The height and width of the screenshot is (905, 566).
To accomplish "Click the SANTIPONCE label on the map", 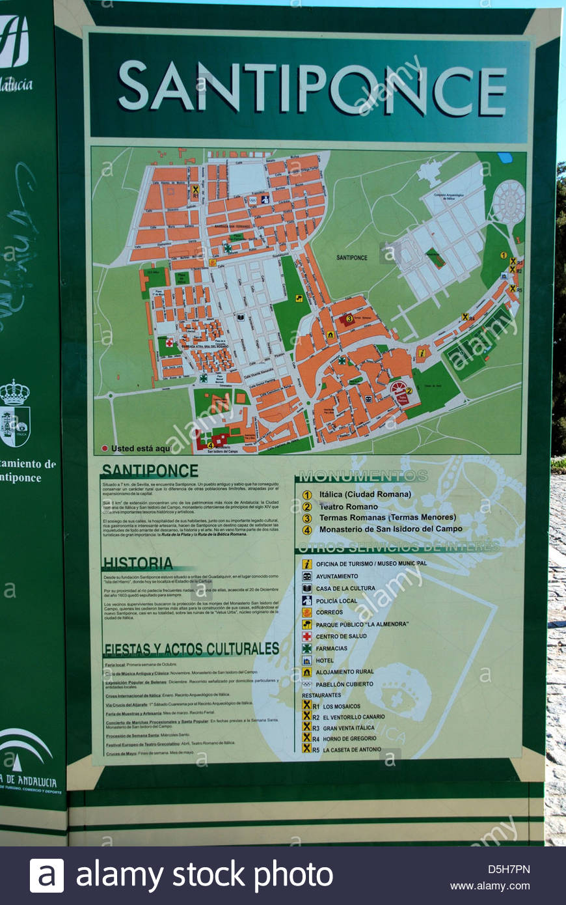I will [x=352, y=258].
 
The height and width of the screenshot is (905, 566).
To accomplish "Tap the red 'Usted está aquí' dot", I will [x=105, y=449].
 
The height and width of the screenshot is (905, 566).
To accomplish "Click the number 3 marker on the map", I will [x=349, y=319].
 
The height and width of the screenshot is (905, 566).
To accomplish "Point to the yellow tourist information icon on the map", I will [x=422, y=353].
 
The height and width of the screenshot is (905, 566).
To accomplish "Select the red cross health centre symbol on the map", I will [x=170, y=342].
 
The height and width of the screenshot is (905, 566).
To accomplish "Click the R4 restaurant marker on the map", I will [x=466, y=316].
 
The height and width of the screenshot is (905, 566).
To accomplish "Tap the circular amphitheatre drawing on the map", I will [x=509, y=202].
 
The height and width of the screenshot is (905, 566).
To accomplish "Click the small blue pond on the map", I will [x=504, y=158].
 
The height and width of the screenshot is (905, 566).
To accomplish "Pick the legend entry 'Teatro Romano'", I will [x=348, y=507].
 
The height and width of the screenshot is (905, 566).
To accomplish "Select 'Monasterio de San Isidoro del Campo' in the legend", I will [x=390, y=529].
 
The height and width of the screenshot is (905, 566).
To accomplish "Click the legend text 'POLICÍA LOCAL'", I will [x=336, y=601].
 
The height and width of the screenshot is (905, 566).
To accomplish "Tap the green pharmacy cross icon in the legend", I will [x=306, y=648].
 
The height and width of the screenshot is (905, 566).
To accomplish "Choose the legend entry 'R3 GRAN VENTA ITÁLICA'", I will [x=343, y=728].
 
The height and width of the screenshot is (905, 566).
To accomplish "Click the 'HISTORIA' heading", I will [x=138, y=563].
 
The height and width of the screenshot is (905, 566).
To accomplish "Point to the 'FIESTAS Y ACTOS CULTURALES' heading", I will [x=191, y=649].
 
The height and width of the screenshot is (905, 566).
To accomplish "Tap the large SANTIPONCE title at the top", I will [x=312, y=88].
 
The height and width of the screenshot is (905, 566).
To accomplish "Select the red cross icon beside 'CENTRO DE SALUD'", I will [x=306, y=636].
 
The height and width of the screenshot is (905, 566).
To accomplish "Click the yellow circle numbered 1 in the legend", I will [x=307, y=495].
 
